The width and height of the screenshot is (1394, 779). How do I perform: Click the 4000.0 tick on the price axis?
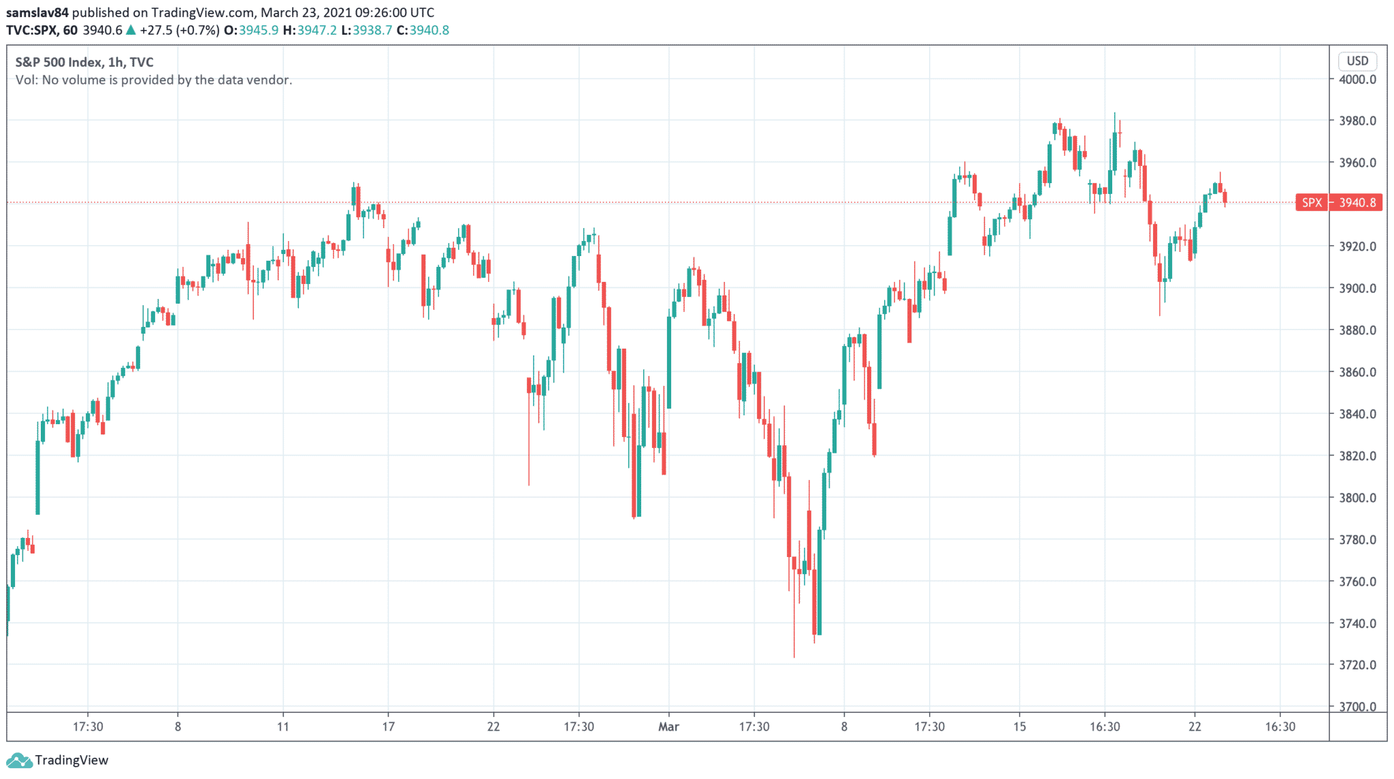coord(1357,79)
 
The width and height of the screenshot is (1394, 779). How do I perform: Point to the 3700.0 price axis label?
coord(1357,707)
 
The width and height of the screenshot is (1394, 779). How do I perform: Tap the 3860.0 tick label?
coord(1357,372)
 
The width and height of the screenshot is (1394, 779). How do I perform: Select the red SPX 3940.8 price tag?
coord(1339,202)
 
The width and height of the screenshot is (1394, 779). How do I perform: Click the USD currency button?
coord(1357,61)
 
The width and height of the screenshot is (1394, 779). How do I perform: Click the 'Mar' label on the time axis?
coord(668,727)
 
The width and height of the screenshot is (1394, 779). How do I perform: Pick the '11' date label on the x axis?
coord(283,727)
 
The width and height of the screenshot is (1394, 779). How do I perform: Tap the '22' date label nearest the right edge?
coord(1195,727)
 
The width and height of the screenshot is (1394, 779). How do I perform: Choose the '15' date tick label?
coord(1019,727)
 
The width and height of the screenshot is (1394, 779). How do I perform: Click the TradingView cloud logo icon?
coord(18,760)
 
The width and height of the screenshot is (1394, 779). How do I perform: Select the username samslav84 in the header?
coord(37,12)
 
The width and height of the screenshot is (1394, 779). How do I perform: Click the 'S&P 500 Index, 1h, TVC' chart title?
coord(84,62)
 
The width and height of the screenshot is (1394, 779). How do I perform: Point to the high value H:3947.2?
coord(310,30)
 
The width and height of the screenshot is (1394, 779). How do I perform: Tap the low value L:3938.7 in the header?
coord(366,30)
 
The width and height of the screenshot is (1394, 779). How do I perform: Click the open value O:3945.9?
coord(251,30)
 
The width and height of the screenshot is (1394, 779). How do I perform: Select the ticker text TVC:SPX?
coord(31,30)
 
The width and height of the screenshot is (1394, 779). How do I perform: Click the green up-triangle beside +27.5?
coord(131,30)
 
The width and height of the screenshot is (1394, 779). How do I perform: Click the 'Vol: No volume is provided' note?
coord(154,80)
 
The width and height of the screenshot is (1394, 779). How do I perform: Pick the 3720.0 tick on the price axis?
coord(1357,665)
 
